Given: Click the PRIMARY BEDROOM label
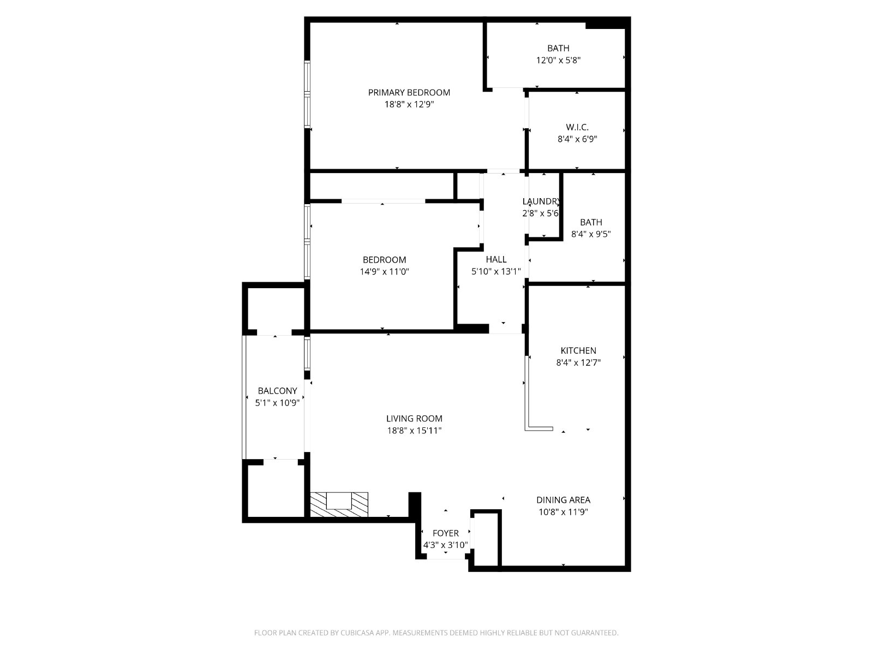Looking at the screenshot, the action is click(409, 93).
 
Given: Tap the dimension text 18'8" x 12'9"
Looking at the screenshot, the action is click(409, 105).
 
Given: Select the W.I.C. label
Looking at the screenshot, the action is click(577, 127).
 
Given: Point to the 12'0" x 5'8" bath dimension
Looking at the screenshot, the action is click(558, 61).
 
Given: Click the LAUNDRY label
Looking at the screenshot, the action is click(541, 201).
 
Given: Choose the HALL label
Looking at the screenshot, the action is click(496, 259).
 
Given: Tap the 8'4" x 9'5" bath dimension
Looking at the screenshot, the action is click(591, 234).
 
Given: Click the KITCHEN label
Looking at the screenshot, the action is click(578, 351).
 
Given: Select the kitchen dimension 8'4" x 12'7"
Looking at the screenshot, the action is click(578, 362).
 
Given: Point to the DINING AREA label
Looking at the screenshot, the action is click(563, 500).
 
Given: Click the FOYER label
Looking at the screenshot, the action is click(445, 533).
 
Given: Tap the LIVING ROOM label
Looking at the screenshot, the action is click(414, 418).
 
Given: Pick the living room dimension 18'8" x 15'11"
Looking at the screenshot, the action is click(414, 430).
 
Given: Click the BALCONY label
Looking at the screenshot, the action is click(277, 390).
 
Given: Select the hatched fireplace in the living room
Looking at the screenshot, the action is click(339, 505).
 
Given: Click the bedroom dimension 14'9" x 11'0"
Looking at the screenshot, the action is click(384, 272).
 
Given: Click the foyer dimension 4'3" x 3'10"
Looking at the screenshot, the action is click(445, 545).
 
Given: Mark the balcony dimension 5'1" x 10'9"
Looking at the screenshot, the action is click(277, 403).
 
